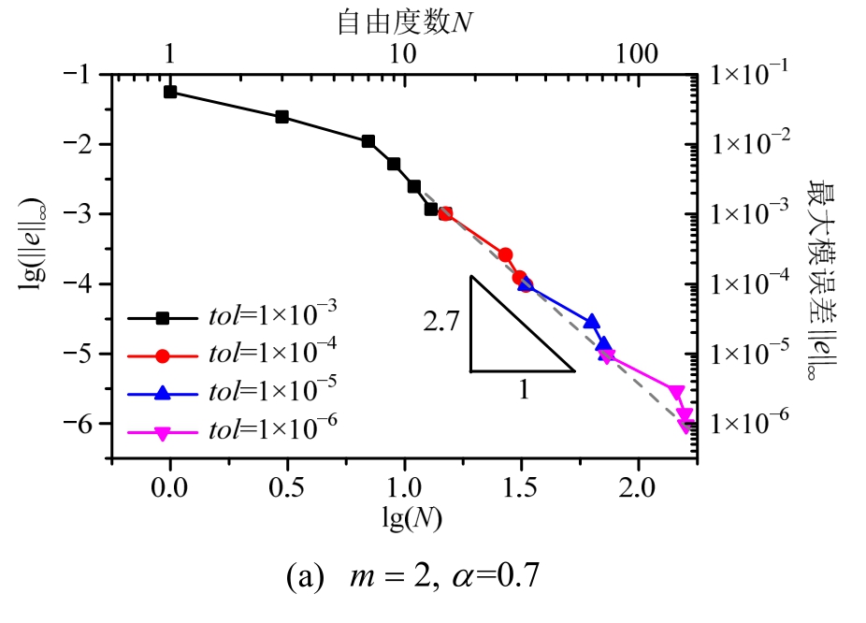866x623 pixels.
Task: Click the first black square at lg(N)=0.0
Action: [170, 92]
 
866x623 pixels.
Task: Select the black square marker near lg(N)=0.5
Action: [281, 117]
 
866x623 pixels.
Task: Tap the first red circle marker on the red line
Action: [445, 214]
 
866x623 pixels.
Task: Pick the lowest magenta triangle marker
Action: [686, 427]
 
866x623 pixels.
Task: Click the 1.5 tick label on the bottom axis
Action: [522, 489]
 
